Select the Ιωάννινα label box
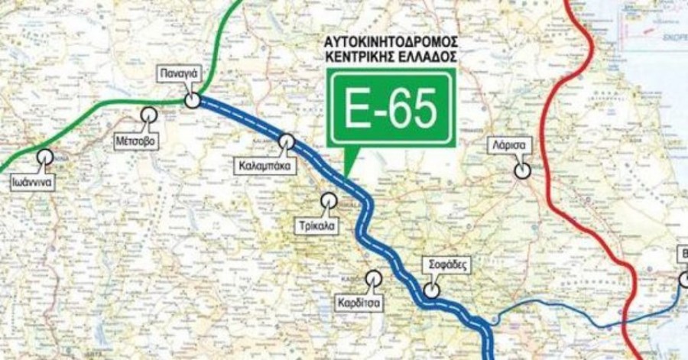(x=36, y=183)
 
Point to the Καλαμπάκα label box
(x=264, y=164)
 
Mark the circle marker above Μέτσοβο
(x=148, y=115)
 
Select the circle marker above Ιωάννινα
(x=45, y=155)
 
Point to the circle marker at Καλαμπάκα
(x=287, y=141)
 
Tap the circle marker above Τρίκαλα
(x=329, y=200)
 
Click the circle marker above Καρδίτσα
(x=374, y=278)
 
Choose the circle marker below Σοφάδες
(x=432, y=290)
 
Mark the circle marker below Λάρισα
(x=522, y=170)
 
